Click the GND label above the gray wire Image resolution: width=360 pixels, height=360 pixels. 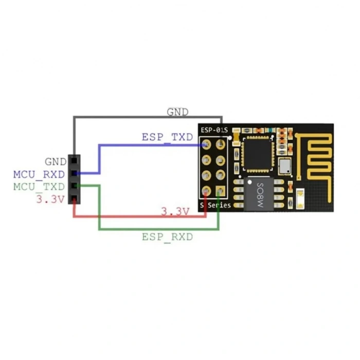(x=177, y=112)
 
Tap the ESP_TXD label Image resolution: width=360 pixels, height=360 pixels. (x=167, y=137)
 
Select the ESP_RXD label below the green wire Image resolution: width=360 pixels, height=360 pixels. (x=168, y=237)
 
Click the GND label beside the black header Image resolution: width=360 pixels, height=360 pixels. (x=55, y=162)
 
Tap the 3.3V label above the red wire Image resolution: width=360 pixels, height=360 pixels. (x=174, y=211)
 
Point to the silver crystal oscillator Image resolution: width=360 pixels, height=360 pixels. (x=285, y=166)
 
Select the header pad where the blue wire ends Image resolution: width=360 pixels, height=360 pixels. (x=207, y=145)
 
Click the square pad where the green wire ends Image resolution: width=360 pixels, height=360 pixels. (x=221, y=191)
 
